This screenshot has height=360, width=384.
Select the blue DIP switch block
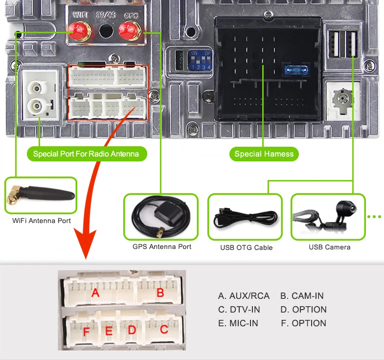click(201, 59)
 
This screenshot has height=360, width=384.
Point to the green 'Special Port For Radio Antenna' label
click(86, 154)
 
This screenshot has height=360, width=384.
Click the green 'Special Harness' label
click(264, 154)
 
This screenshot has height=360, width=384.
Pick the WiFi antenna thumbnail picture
click(41, 196)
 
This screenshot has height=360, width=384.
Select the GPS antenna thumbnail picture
click(161, 217)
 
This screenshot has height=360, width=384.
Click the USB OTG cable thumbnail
click(245, 217)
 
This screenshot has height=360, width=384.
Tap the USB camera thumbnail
click(328, 217)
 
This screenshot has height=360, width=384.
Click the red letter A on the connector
click(96, 293)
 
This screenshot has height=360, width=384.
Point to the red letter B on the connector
click(160, 293)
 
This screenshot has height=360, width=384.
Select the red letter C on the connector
click(164, 329)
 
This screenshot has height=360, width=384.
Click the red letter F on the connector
click(87, 333)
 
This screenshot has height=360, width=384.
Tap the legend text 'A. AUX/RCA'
click(244, 296)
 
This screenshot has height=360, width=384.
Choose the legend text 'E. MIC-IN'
click(238, 323)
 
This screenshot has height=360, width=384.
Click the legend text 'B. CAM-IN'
click(302, 296)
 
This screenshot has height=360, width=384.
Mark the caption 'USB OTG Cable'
click(246, 247)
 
